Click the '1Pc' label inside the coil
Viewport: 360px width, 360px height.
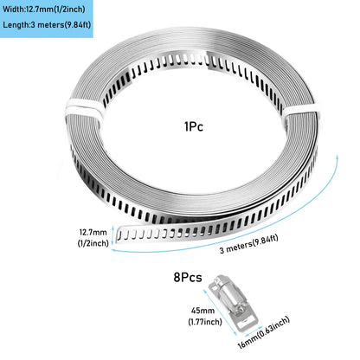point(194,126)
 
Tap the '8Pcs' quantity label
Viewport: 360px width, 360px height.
point(188,277)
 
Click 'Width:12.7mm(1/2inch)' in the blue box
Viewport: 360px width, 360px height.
point(44,10)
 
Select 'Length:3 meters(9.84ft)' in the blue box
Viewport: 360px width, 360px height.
point(47,24)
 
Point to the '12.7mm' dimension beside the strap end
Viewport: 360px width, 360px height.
point(93,232)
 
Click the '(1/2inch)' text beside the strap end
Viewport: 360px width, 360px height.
point(93,243)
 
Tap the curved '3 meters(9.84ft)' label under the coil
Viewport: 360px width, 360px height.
point(248,244)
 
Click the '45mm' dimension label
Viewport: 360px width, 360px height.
point(202,311)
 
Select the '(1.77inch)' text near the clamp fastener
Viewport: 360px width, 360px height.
point(205,321)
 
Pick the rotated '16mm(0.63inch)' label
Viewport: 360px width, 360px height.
point(264,332)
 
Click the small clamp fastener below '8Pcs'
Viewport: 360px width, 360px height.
point(234,301)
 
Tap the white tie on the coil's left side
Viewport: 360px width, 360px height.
point(84,111)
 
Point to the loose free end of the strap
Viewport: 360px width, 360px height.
point(119,235)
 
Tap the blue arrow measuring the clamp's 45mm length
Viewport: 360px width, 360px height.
point(221,312)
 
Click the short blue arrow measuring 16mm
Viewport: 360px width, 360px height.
point(254,331)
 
